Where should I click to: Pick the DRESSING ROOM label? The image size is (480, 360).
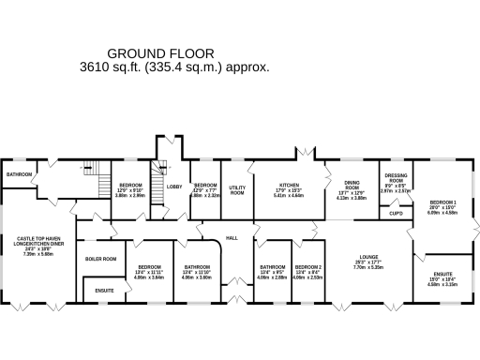[396, 178]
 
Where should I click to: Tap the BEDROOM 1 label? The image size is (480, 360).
[442, 202]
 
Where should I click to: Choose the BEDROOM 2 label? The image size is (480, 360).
[307, 267]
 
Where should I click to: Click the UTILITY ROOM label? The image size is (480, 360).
[237, 189]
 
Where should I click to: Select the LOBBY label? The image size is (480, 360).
[174, 187]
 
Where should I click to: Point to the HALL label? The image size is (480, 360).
[232, 238]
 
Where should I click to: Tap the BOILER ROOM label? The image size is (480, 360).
[100, 259]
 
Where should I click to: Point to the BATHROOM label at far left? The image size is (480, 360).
[19, 174]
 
